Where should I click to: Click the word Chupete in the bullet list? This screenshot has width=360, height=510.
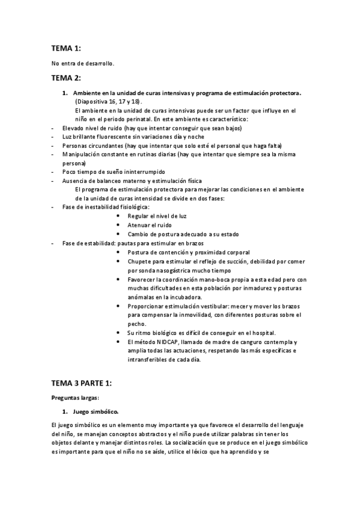(x=139, y=262)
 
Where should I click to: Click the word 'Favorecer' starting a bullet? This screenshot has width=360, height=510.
(x=142, y=280)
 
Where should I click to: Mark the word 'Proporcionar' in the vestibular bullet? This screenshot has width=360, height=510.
(x=146, y=306)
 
